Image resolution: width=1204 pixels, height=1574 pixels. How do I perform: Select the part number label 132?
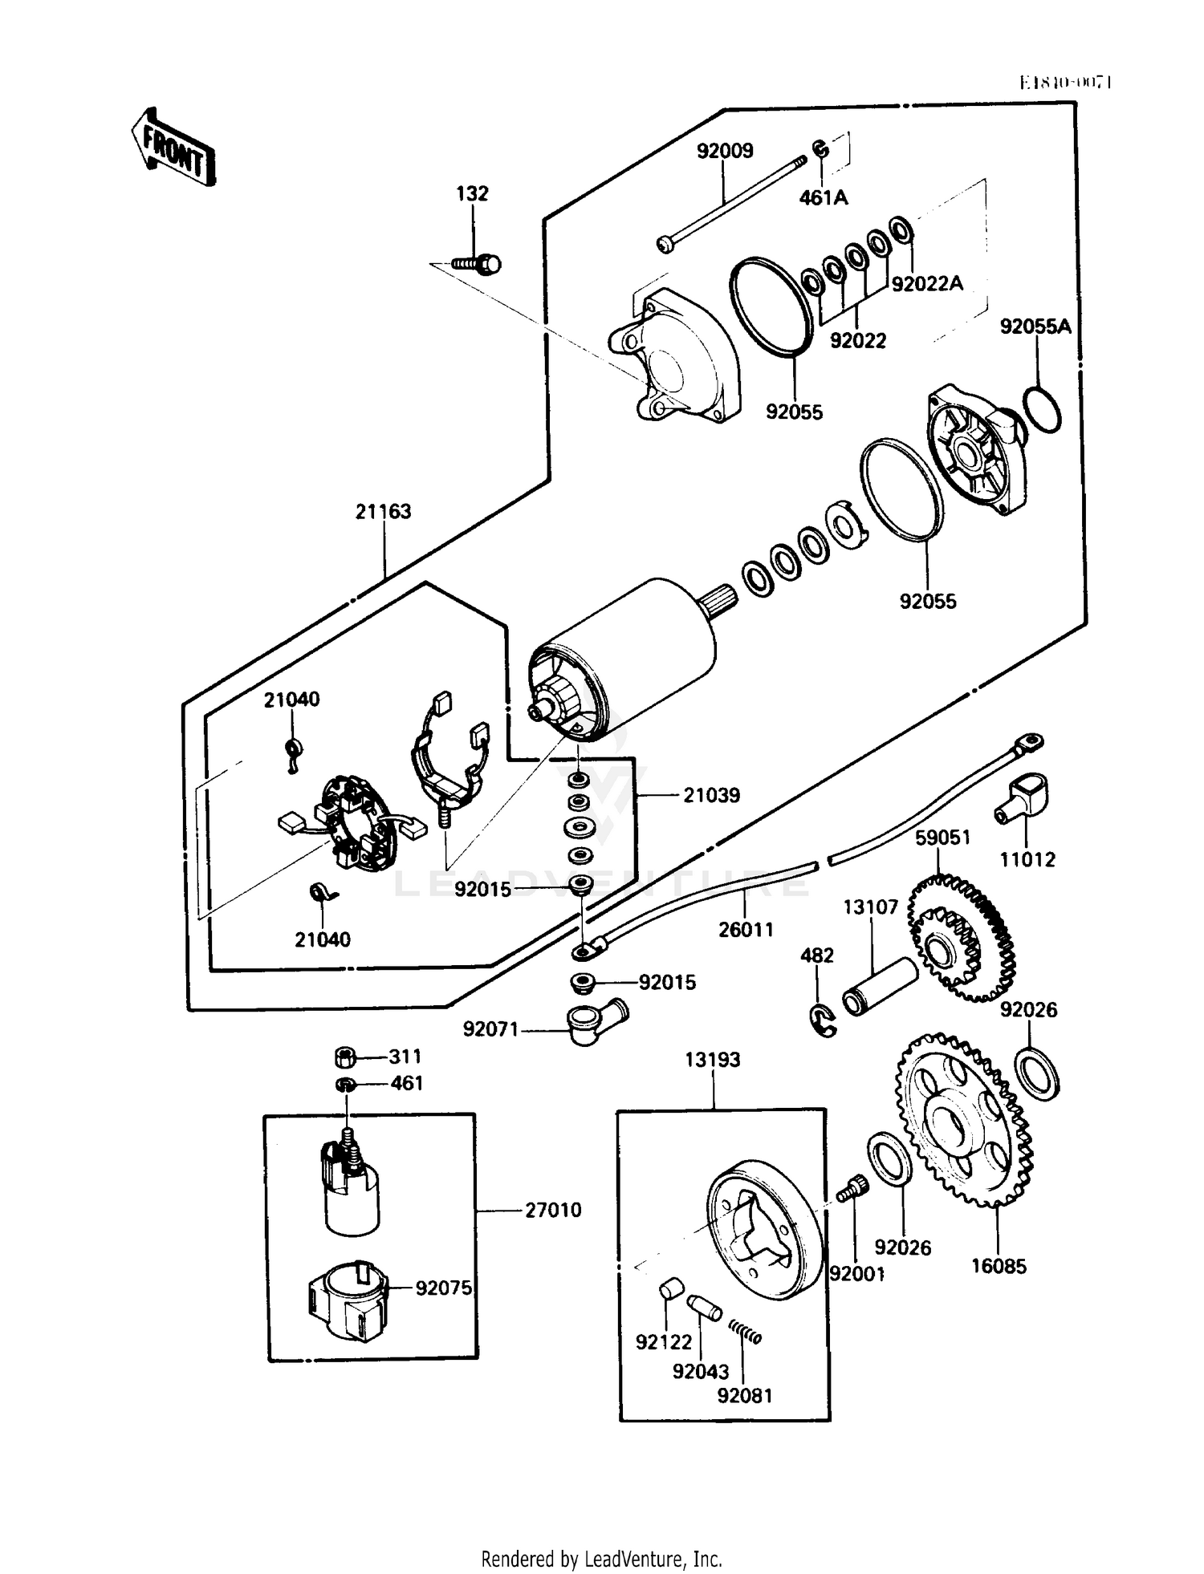(472, 193)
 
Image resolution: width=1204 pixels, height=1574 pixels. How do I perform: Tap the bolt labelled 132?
(478, 263)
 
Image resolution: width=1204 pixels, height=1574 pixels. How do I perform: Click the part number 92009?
(724, 151)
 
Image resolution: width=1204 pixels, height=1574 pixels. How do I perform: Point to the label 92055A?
(1035, 327)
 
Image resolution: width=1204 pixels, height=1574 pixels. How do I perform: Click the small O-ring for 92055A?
(1043, 410)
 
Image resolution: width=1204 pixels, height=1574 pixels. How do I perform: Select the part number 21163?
(383, 512)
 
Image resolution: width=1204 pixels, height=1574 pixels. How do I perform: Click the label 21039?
(711, 795)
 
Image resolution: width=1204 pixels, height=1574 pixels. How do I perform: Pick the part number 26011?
(746, 930)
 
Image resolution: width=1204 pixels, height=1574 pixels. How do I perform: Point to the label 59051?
(943, 838)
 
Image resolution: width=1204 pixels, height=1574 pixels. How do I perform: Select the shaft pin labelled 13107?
(879, 988)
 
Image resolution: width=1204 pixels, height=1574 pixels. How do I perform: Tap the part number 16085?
(999, 1267)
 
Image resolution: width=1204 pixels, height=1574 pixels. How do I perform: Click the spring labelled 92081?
(746, 1333)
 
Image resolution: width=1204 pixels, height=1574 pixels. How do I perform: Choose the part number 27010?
(553, 1210)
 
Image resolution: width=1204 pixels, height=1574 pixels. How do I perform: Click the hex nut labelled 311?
(345, 1057)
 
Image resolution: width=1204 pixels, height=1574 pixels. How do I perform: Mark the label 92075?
(443, 1288)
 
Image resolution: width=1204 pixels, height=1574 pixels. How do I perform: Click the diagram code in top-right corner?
(1064, 82)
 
